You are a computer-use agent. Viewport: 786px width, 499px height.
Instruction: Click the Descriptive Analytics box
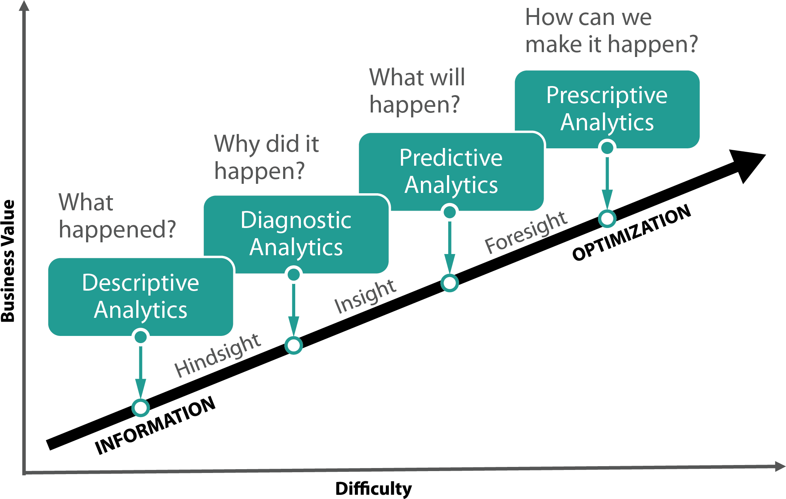coord(140,297)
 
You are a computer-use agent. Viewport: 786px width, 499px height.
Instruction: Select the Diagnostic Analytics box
coord(296,234)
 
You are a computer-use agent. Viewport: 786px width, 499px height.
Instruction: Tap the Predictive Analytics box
coord(451,171)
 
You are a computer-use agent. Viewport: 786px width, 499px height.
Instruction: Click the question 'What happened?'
coord(117,216)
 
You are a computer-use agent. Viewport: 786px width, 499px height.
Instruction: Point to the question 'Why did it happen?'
coord(267,157)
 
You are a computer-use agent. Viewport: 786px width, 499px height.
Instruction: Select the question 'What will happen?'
coord(417,91)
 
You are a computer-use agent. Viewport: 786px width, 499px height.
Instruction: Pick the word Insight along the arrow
coord(365,297)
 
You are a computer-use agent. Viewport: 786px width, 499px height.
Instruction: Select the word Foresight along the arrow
coord(526,232)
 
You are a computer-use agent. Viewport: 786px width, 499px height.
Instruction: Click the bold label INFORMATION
coord(155,425)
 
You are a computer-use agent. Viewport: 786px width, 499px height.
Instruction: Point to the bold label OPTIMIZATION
coord(632,233)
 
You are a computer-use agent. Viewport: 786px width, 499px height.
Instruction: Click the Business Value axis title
coord(8,260)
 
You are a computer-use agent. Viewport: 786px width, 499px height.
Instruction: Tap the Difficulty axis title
coord(373,488)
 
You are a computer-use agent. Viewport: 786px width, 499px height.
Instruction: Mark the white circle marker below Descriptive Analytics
coord(141,408)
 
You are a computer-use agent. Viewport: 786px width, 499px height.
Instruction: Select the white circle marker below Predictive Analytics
coord(450,283)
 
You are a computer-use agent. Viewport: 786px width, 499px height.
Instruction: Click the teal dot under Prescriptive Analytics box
coord(607,148)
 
